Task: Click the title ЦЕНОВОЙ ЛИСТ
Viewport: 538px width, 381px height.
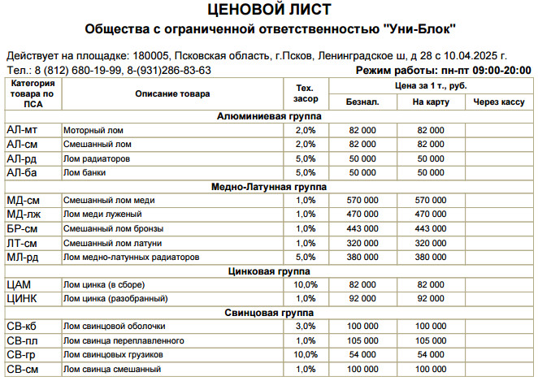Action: click(269, 10)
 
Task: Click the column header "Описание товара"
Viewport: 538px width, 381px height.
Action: click(172, 93)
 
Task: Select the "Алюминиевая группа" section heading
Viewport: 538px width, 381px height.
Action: click(269, 116)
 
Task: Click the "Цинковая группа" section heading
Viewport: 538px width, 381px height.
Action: click(269, 271)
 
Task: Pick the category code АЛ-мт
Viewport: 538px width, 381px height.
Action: click(22, 130)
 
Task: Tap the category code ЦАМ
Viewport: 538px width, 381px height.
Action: click(20, 284)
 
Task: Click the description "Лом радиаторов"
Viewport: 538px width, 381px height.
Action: click(96, 159)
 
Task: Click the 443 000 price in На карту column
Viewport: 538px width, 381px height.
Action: click(431, 228)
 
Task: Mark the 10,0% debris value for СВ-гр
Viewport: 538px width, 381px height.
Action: click(306, 355)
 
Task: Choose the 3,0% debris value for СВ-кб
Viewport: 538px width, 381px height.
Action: click(306, 326)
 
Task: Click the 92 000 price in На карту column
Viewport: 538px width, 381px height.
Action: click(431, 298)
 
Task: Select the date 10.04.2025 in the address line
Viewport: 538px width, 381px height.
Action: click(477, 55)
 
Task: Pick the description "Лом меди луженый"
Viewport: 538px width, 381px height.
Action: click(100, 214)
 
